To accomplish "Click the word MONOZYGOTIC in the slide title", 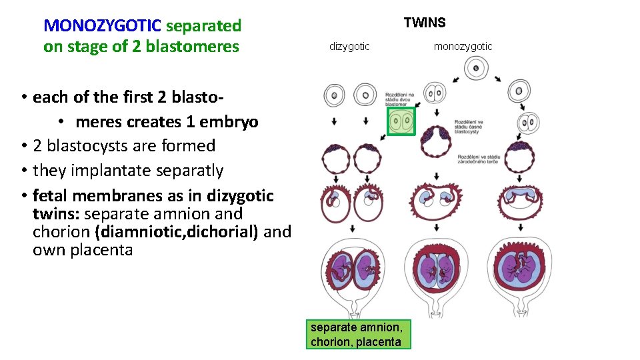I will (x=102, y=26).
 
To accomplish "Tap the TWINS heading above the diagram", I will (x=425, y=23).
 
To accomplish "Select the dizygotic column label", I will (x=349, y=46).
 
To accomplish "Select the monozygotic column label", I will (x=463, y=46).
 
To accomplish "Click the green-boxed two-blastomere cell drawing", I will (x=402, y=122).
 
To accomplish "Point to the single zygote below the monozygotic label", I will (x=475, y=67).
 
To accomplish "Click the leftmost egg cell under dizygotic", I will (x=334, y=95).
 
